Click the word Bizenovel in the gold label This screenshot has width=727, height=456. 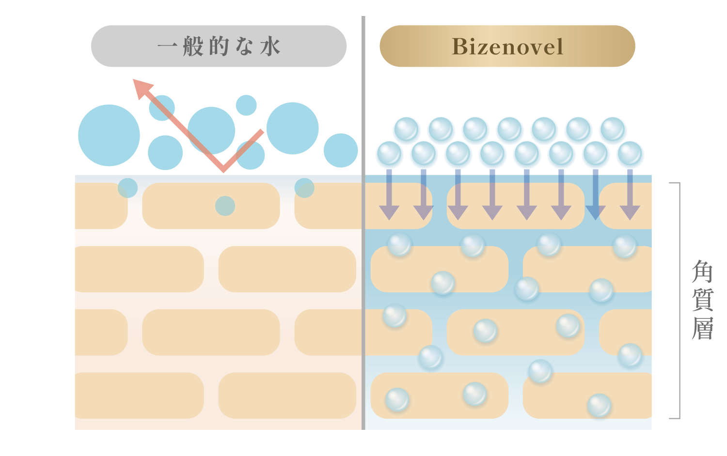click(x=507, y=46)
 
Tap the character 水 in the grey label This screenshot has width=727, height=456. click(x=270, y=47)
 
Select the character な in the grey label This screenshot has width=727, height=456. click(x=244, y=46)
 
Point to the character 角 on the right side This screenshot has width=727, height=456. click(x=702, y=272)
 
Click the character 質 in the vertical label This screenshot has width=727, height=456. click(x=702, y=300)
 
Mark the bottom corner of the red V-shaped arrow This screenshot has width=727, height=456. click(x=223, y=169)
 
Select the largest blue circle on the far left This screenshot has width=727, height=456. click(x=109, y=136)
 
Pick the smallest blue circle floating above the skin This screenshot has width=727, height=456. click(x=246, y=105)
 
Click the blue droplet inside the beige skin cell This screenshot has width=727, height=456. click(x=225, y=206)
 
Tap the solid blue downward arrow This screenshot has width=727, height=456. click(x=596, y=196)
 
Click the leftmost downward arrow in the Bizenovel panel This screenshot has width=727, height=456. click(x=389, y=196)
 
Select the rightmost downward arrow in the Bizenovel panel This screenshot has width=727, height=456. click(x=630, y=196)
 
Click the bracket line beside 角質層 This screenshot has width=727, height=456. click(x=680, y=300)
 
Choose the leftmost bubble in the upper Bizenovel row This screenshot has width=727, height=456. click(x=406, y=129)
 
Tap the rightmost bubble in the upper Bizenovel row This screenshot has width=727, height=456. click(x=613, y=129)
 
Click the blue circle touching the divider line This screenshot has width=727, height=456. click(x=341, y=151)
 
